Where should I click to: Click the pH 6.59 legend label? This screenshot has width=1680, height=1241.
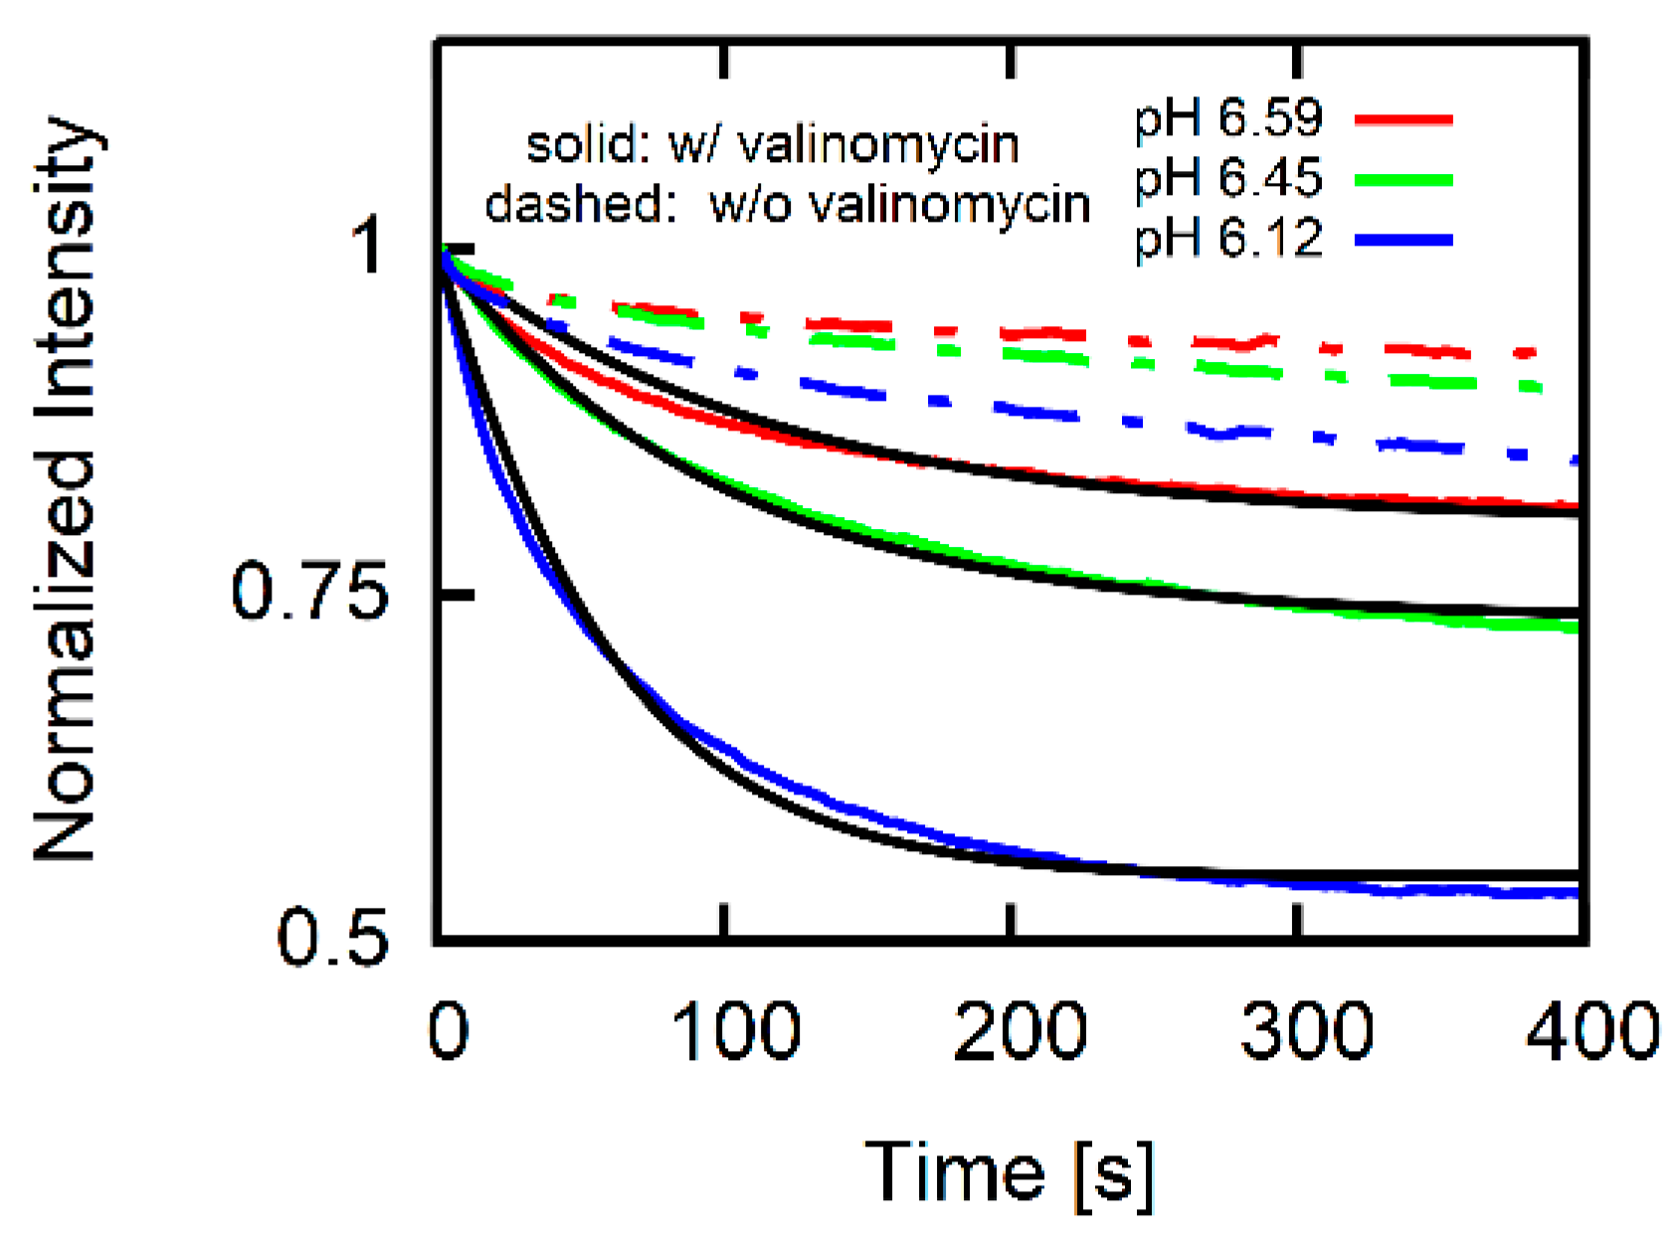point(1228,119)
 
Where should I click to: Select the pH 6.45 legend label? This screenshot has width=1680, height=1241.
point(1228,180)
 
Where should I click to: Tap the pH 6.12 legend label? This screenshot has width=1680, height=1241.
point(1228,240)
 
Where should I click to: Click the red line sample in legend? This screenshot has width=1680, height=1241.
point(1403,119)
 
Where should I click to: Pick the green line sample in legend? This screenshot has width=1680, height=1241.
point(1403,180)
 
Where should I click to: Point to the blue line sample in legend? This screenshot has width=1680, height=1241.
point(1403,240)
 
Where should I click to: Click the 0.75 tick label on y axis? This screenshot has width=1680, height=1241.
point(308,594)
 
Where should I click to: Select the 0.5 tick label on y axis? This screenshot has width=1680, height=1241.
point(331,938)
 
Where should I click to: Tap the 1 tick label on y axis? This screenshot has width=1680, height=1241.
point(369,248)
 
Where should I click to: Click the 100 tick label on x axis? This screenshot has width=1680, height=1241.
point(736,1031)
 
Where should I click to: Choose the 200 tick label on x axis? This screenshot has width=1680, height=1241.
point(1020,1031)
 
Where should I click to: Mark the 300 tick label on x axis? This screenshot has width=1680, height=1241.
point(1306,1031)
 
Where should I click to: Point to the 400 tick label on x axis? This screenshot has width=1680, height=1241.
point(1591,1031)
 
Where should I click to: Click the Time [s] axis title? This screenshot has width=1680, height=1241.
point(1010,1173)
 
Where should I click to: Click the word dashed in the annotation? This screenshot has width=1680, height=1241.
point(574,204)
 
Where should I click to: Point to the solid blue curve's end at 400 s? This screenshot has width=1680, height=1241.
point(1576,894)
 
